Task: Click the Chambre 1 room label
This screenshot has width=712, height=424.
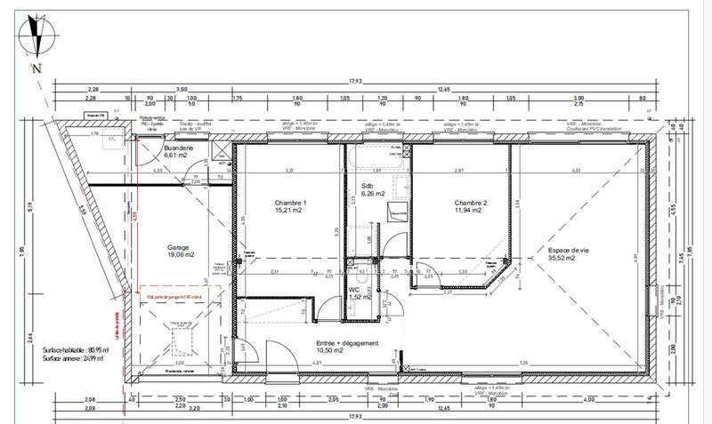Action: (x=290, y=206)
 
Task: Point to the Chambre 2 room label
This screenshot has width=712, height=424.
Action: (x=468, y=206)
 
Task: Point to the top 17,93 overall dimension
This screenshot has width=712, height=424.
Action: (x=355, y=82)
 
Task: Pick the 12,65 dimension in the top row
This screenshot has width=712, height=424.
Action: (x=443, y=89)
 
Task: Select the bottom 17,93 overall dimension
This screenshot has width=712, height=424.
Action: (x=355, y=415)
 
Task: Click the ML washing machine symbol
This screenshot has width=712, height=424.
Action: (x=110, y=140)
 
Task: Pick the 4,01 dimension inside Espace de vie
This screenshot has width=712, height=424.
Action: (x=576, y=170)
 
